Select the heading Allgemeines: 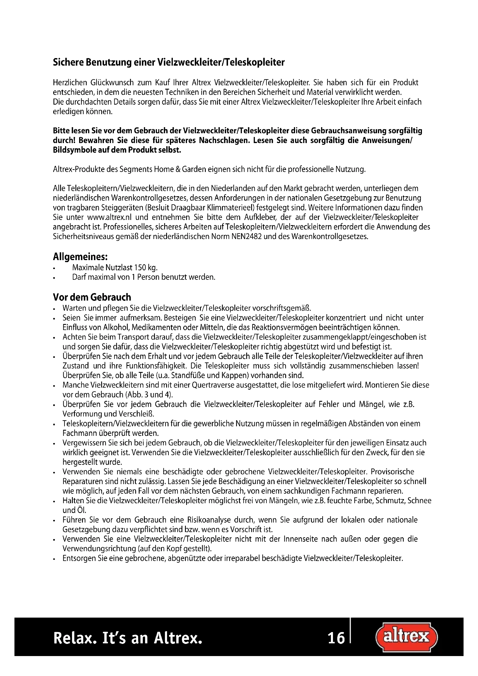click(80, 257)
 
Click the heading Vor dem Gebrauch click(92, 297)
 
